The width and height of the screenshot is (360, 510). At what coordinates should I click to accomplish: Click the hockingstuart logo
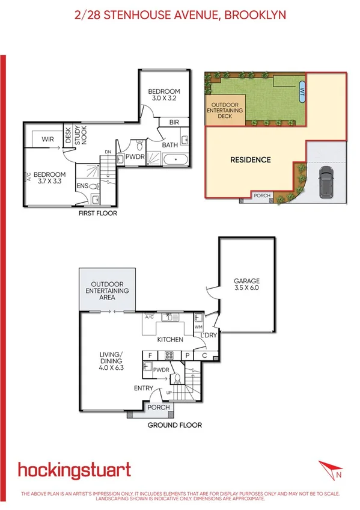(x=74, y=470)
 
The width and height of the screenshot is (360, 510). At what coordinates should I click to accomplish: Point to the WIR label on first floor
(x=49, y=140)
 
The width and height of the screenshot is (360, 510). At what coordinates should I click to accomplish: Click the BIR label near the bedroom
(x=174, y=123)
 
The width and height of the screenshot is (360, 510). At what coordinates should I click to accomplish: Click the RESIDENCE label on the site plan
(x=251, y=160)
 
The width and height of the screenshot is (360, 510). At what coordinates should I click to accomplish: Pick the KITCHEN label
(x=170, y=340)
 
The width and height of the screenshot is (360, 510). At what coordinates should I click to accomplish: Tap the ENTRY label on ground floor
(x=143, y=388)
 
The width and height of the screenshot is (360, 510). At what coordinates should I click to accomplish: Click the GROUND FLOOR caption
(x=175, y=425)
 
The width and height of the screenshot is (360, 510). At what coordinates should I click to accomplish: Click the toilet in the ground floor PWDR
(x=177, y=379)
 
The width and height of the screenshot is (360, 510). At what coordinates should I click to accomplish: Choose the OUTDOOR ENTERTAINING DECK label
(x=225, y=111)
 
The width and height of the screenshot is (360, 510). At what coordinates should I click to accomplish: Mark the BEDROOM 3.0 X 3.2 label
(x=164, y=95)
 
